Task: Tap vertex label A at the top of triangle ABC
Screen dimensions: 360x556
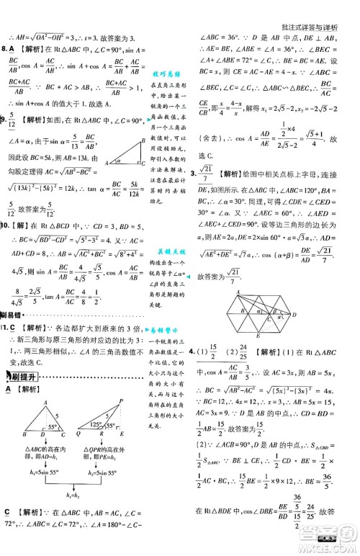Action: coord(45,423)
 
